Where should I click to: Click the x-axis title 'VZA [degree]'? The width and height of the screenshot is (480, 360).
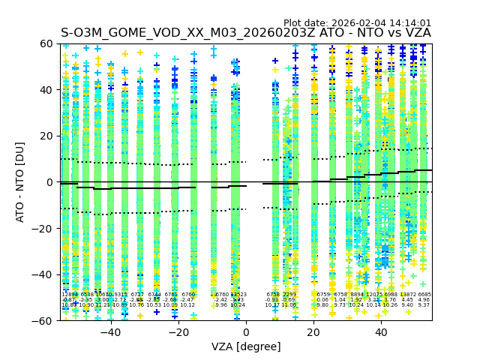[246, 346]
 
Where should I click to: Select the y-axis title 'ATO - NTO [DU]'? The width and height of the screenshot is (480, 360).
[20, 182]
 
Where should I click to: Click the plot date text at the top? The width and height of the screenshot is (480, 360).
[357, 23]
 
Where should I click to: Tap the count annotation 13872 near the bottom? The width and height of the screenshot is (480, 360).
[407, 295]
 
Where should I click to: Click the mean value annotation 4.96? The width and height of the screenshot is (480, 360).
[424, 300]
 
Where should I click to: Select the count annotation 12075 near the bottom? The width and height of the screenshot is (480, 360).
[374, 295]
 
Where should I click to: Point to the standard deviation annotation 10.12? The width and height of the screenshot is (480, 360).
[187, 305]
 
